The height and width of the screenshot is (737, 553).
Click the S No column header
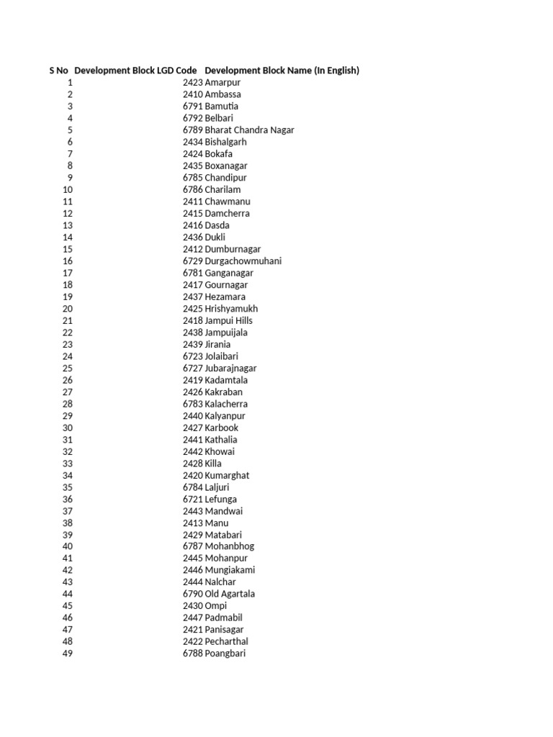point(58,71)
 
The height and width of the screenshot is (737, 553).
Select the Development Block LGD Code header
point(136,71)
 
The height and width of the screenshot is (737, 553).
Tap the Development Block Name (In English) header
point(282,71)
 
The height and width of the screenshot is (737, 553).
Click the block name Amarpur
point(222,83)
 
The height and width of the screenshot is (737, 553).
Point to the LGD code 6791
point(193,107)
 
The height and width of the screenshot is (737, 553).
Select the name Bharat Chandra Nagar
point(249,130)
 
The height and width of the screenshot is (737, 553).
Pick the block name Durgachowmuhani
point(243,261)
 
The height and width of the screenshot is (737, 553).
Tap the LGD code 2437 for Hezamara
point(193,297)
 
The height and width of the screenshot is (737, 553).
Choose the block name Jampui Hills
point(228,321)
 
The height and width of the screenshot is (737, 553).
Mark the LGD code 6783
point(193,404)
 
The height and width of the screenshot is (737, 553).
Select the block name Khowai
point(220,452)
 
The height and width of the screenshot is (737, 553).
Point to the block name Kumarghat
point(227,476)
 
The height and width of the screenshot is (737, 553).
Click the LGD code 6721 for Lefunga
point(193,499)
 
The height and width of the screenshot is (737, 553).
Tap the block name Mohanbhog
point(229,547)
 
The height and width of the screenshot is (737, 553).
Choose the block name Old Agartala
point(230,594)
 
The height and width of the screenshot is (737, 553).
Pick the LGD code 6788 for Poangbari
point(193,654)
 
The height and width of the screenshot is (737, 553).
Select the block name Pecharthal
point(226,642)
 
